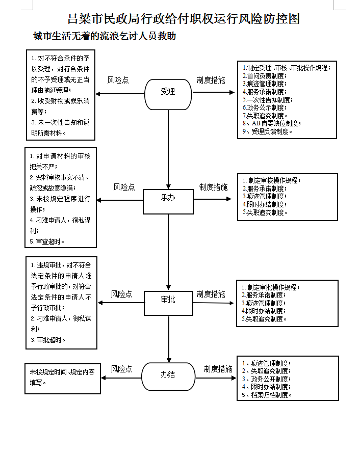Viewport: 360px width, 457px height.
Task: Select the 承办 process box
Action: [x=168, y=201]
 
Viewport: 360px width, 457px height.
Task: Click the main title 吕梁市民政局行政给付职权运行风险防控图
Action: [x=184, y=19]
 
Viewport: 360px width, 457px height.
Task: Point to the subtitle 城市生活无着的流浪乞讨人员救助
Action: [x=105, y=37]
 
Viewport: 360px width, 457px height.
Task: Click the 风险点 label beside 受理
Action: [x=118, y=80]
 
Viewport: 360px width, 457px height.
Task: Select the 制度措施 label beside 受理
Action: [x=211, y=80]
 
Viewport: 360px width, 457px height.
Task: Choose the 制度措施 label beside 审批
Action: [x=211, y=294]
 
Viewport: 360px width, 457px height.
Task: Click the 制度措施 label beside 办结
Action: [x=218, y=369]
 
